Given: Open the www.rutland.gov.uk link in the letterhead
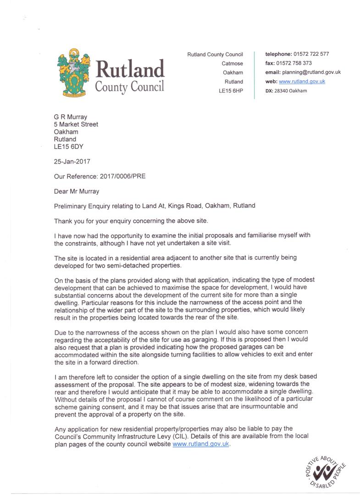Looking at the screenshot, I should coord(302,82).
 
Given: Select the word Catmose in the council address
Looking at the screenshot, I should coord(233,63).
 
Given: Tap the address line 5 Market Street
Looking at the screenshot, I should coord(76,124).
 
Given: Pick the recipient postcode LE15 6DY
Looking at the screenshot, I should coord(69,147).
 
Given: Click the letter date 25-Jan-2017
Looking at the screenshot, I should coord(73,161).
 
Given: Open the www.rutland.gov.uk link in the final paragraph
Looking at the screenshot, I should coord(201,444).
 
